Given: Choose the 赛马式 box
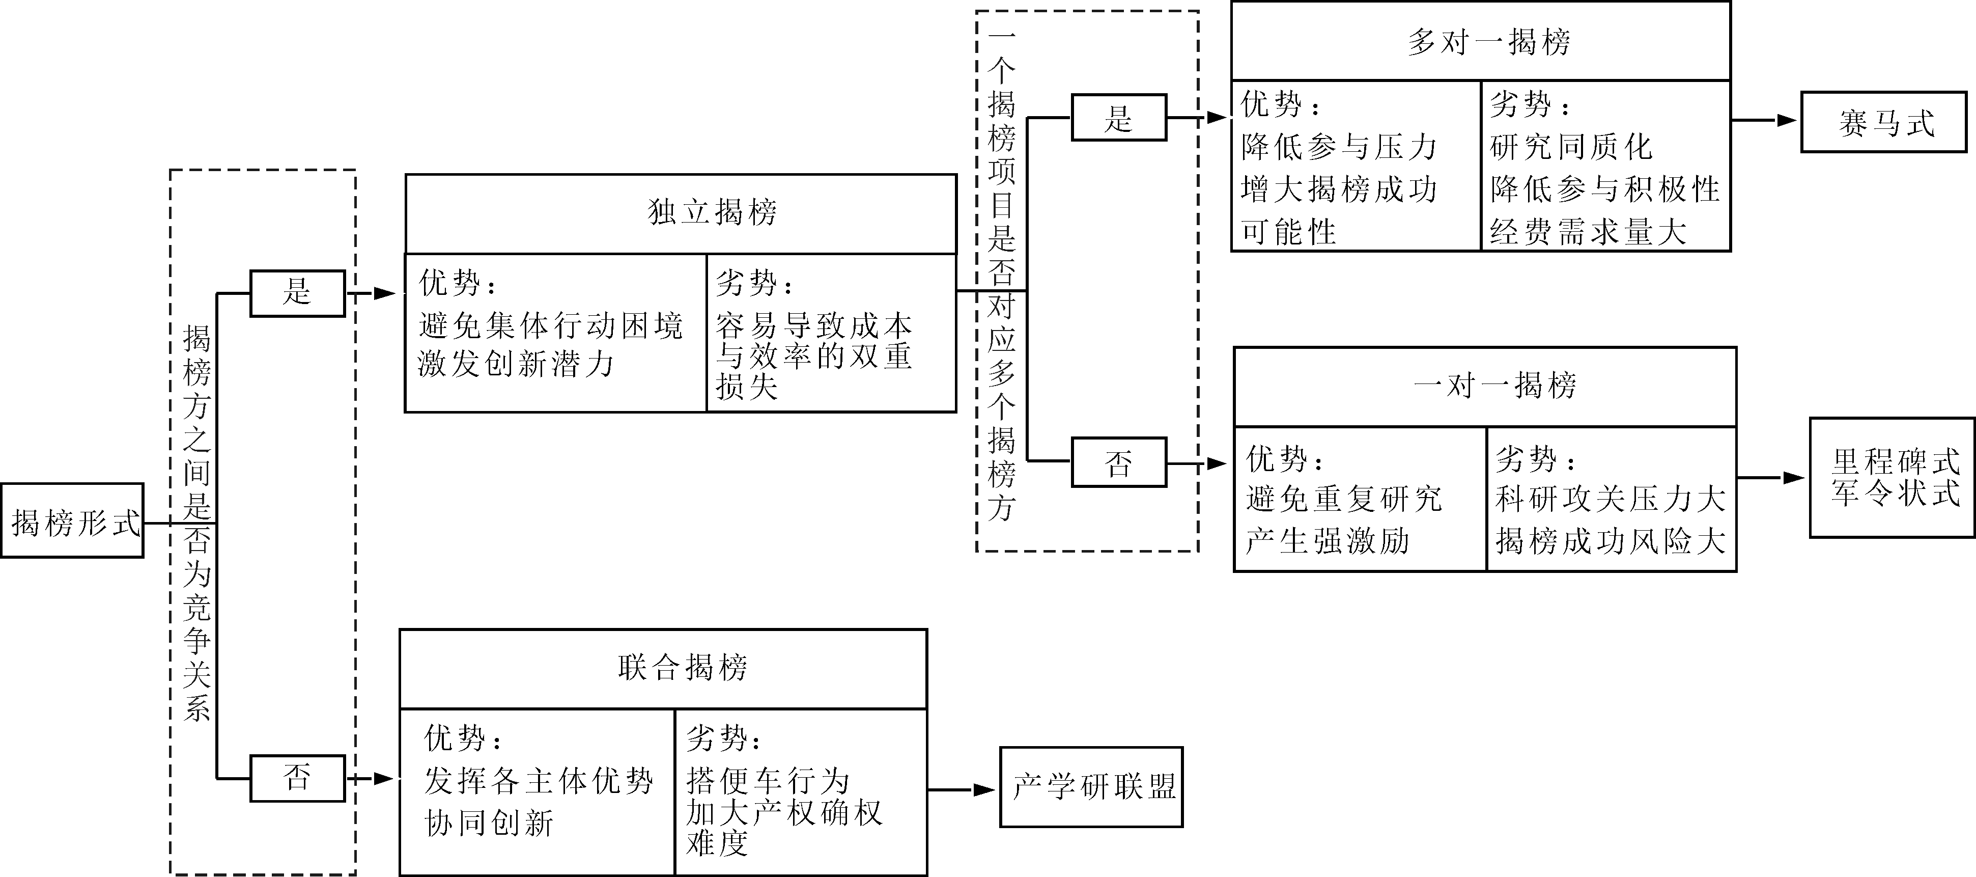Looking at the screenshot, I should (1884, 122).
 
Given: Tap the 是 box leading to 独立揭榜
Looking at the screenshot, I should (298, 292).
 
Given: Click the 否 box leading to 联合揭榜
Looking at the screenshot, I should (298, 778).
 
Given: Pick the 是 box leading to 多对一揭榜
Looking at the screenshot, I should (1118, 118).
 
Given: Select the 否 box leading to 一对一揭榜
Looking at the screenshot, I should (1118, 462).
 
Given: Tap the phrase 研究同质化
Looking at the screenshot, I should (1571, 147).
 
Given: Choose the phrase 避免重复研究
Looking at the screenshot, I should (1344, 499).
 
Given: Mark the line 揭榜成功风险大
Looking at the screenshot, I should (1610, 541).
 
